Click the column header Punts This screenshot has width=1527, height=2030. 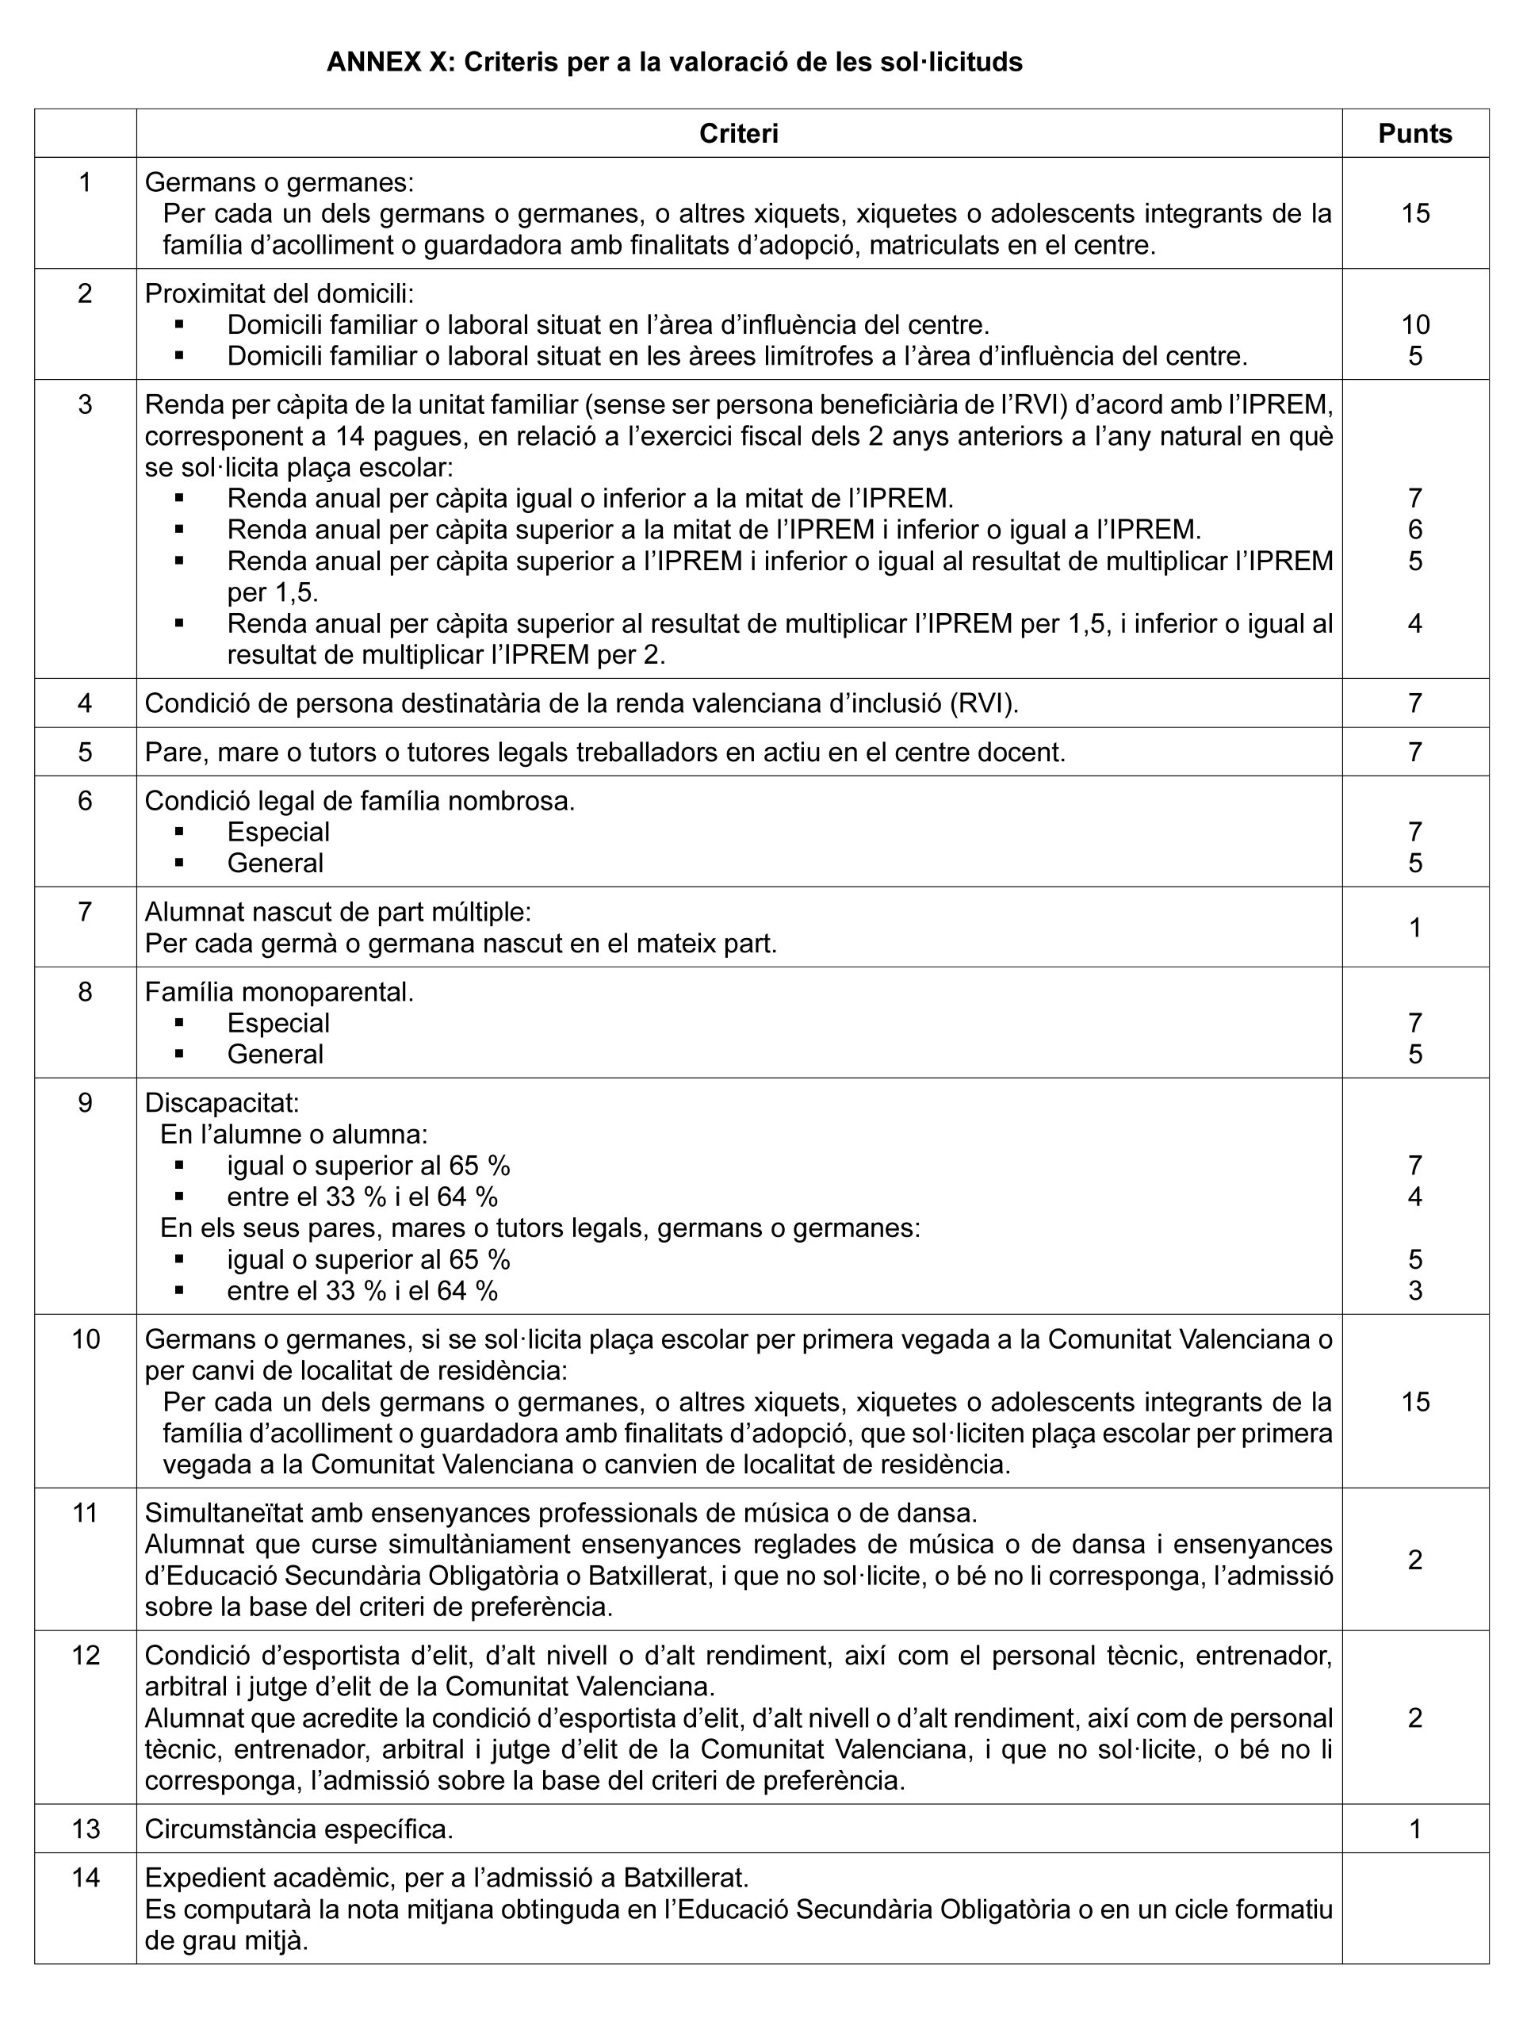point(1414,134)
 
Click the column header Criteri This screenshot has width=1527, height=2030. point(739,134)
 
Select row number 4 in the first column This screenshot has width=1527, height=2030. point(86,703)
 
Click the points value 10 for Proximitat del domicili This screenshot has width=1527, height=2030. point(1415,325)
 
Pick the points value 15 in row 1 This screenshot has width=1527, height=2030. point(1415,214)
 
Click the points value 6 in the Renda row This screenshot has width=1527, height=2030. point(1415,530)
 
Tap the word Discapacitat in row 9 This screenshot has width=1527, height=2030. point(222,1102)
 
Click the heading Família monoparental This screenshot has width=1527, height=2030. point(279,992)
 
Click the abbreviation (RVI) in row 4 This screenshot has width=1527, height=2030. point(984,703)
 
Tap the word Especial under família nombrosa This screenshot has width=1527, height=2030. point(278,833)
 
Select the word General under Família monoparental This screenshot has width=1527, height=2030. point(275,1055)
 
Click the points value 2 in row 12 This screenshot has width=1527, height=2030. point(1415,1717)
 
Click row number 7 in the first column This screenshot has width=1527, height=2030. point(86,912)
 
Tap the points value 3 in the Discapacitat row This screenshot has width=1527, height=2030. point(1415,1291)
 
